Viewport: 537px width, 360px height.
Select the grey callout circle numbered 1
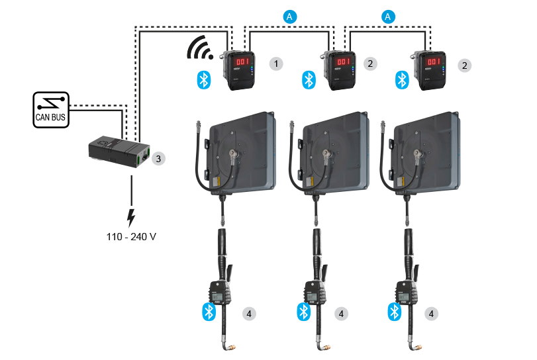point(277,64)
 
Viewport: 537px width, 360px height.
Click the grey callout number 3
point(157,158)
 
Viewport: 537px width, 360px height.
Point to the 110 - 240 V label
point(131,236)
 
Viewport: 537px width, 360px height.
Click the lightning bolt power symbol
point(131,216)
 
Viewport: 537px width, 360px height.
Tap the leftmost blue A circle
point(289,16)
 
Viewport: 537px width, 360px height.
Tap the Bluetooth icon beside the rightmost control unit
point(401,80)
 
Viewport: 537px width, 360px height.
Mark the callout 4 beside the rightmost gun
point(434,313)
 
